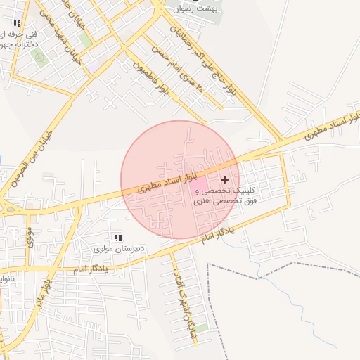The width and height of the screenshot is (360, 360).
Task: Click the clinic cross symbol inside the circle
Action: [x=225, y=180]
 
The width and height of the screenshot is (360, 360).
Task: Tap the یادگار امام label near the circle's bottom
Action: [x=216, y=235]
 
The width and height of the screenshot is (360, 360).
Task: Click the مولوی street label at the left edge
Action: [x=30, y=236]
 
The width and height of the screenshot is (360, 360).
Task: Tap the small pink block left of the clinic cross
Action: [x=210, y=182]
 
